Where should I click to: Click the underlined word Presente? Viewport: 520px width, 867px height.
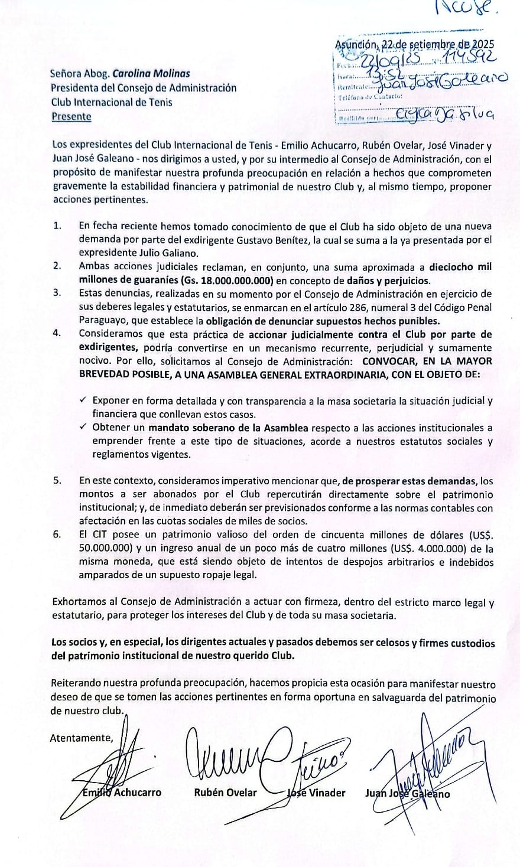71,116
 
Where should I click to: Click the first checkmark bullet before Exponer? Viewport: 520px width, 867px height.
83,400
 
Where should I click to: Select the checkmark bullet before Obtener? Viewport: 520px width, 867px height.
83,427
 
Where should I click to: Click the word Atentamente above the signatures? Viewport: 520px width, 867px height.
81,737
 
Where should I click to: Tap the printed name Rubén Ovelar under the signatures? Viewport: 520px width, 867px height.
225,793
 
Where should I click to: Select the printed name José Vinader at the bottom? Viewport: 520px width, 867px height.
316,793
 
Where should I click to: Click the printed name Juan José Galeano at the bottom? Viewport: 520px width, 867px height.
408,794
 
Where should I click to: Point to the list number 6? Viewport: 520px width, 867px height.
57,534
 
